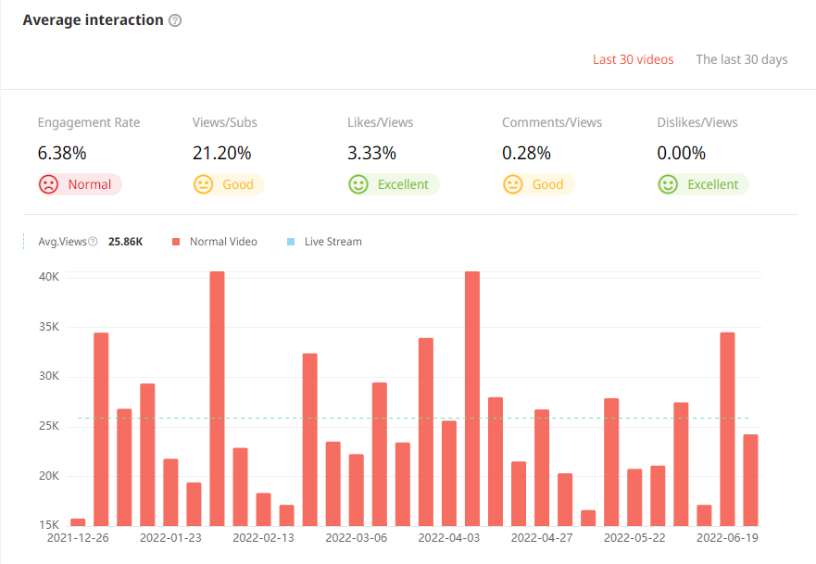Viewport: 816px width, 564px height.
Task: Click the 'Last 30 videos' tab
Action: (x=633, y=59)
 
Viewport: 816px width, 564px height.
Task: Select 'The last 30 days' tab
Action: (x=741, y=59)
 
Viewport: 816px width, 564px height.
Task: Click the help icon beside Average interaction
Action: (x=175, y=20)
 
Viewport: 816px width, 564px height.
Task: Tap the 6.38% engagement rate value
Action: (x=61, y=153)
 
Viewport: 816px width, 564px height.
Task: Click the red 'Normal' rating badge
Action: (x=80, y=184)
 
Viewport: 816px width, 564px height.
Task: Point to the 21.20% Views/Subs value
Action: (x=221, y=153)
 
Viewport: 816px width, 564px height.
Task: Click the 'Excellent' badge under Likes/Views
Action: (x=393, y=184)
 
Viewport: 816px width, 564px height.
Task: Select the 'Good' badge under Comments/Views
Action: (x=537, y=184)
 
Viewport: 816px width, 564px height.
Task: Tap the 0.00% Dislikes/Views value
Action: (x=681, y=153)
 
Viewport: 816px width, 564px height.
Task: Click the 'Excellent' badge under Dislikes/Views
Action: (x=702, y=184)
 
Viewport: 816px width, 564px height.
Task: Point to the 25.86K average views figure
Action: (x=125, y=242)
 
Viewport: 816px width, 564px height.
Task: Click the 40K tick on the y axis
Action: (x=48, y=277)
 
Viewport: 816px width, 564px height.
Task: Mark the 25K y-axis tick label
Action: (x=48, y=426)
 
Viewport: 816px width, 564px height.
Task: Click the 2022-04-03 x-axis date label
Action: (x=449, y=537)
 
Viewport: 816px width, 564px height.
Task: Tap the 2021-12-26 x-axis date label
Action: (x=78, y=537)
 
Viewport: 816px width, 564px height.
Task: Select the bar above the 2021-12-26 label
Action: (x=78, y=522)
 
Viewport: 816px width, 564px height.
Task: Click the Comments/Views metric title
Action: (x=552, y=122)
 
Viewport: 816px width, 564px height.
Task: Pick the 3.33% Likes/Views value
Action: (x=371, y=153)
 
